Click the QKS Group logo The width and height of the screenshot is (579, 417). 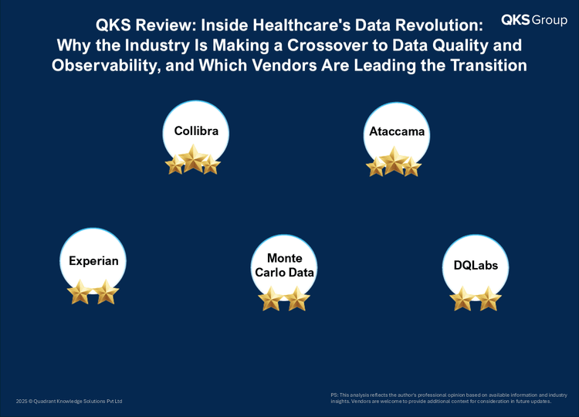[534, 20]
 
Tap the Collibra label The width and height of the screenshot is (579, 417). [196, 131]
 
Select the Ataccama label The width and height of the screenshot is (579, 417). [397, 131]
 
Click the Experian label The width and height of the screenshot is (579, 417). [93, 261]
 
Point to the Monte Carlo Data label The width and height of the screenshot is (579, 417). [284, 265]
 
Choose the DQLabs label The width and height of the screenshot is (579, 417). [476, 265]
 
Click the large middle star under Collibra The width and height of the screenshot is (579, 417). [193, 159]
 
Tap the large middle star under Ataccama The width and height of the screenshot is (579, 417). [394, 161]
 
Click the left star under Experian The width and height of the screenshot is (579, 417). [80, 292]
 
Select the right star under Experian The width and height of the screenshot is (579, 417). [106, 292]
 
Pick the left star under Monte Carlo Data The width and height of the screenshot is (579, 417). [271, 299]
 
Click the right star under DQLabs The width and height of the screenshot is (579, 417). [489, 299]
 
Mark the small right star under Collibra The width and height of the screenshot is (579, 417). [211, 164]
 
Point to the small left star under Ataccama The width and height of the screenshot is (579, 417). [376, 167]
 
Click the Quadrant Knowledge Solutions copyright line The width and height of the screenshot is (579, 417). [69, 401]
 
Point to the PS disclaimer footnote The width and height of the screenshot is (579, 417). [449, 398]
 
